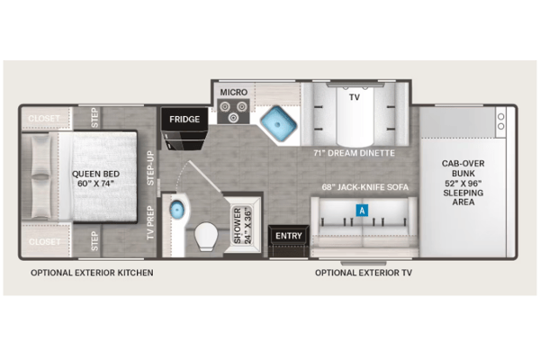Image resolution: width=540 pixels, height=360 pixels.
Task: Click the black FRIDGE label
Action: (184, 119)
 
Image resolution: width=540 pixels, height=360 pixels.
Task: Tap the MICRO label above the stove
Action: (234, 93)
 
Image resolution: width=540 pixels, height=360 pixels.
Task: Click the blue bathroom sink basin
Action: (177, 209)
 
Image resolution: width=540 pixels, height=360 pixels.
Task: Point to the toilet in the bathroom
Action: (206, 236)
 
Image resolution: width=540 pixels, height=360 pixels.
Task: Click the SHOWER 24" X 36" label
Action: (242, 226)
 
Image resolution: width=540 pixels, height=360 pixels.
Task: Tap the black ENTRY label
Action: (289, 236)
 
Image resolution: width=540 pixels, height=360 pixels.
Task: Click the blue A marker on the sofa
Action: (362, 210)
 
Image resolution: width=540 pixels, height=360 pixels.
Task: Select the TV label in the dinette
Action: (355, 97)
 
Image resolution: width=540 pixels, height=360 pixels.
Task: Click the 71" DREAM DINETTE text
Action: (354, 153)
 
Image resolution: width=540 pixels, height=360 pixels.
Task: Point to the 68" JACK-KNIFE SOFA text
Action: (365, 187)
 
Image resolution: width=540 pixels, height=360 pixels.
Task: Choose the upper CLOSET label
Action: (44, 119)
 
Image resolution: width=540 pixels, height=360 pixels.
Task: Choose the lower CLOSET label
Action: (44, 242)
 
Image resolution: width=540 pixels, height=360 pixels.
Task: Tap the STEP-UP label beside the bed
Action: (150, 168)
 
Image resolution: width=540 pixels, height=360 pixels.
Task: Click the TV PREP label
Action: (150, 223)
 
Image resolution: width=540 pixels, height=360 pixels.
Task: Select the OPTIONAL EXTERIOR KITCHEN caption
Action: (92, 273)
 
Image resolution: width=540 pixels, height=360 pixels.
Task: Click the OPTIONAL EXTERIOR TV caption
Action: (364, 273)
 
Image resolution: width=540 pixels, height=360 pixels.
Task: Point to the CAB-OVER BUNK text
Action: (463, 168)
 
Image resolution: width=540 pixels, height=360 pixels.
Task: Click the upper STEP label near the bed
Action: (94, 118)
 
